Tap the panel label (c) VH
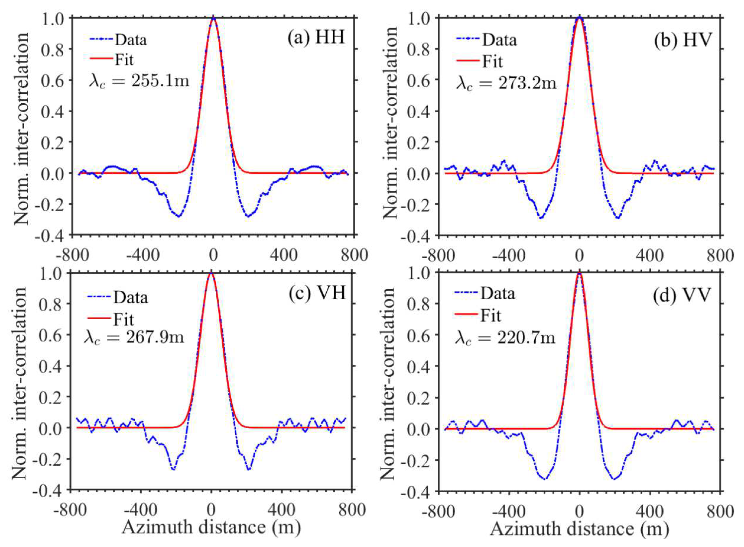pos(317,293)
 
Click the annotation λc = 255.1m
pos(139,81)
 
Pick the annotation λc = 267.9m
pos(134,337)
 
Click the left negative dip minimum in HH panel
pos(179,216)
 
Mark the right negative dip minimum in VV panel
pos(614,479)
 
